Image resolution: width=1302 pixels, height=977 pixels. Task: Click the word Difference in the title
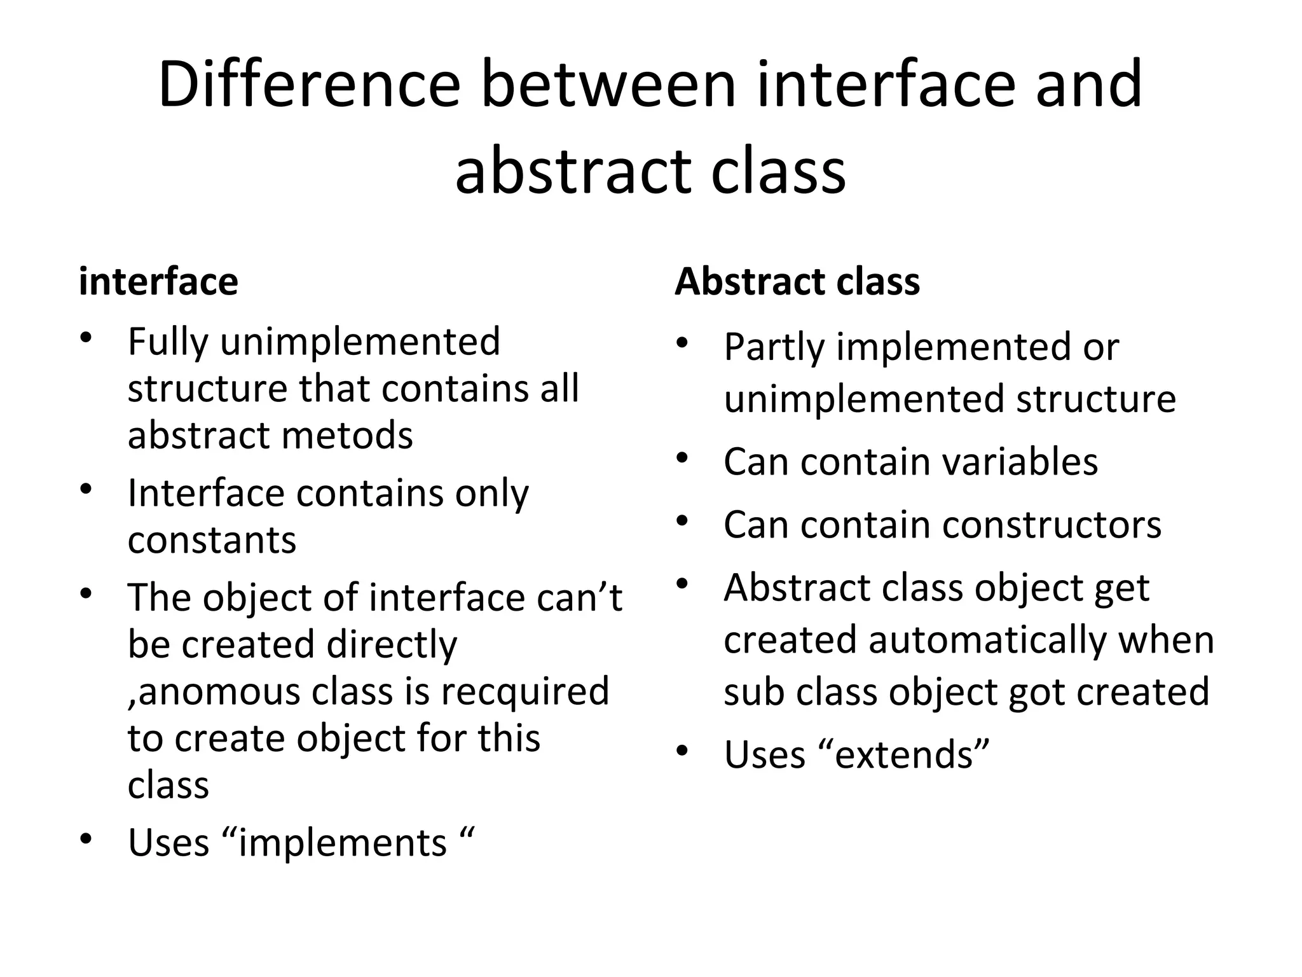pos(309,84)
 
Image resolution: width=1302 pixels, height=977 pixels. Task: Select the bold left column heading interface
pos(158,282)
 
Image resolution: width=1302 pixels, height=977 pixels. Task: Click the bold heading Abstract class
pos(797,282)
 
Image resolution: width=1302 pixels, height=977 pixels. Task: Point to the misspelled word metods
pos(347,436)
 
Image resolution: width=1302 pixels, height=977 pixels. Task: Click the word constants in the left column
pos(212,540)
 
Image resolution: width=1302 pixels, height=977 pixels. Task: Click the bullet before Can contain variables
pos(683,458)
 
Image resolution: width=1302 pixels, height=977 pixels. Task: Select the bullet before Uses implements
pos(86,839)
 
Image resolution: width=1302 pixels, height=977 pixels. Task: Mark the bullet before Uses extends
pos(683,751)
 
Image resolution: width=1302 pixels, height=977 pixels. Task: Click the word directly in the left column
pos(392,645)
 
